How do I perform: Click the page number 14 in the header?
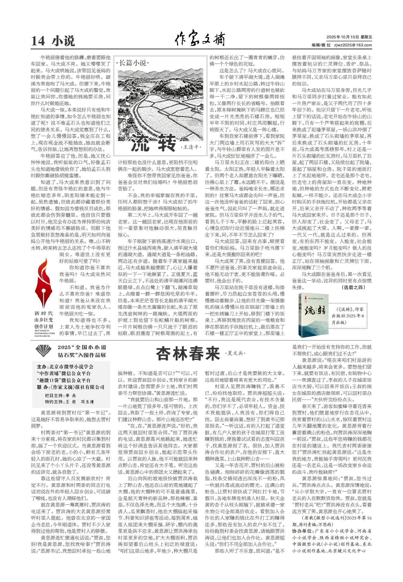pyautogui.click(x=38, y=41)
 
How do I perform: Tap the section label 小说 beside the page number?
pyautogui.click(x=63, y=41)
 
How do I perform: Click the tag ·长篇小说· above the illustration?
pyautogui.click(x=133, y=63)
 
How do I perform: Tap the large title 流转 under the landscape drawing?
pyautogui.click(x=153, y=142)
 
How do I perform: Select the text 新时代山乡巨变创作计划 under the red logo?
pyautogui.click(x=44, y=320)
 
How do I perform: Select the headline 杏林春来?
pyautogui.click(x=188, y=353)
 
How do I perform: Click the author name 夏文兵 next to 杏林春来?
pyautogui.click(x=235, y=353)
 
